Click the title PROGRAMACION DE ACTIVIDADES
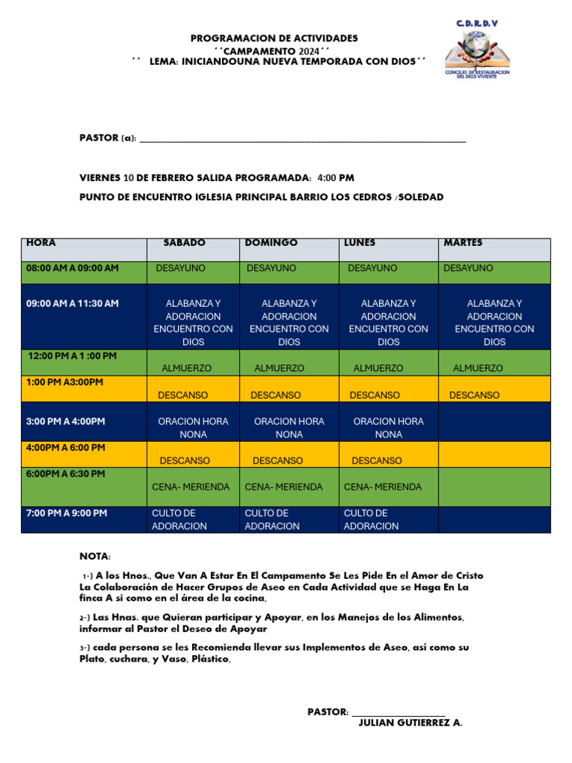click(x=274, y=38)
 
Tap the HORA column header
click(x=41, y=243)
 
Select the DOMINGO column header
click(x=271, y=243)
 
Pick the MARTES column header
click(x=463, y=243)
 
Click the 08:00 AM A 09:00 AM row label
click(x=72, y=268)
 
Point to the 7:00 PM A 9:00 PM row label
click(x=66, y=513)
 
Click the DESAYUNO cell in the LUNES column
click(x=372, y=268)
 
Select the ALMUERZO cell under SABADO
click(x=186, y=368)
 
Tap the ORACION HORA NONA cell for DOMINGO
click(x=289, y=428)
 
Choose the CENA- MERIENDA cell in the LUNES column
click(x=383, y=487)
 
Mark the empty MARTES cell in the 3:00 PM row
click(x=495, y=422)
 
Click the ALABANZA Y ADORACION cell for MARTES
click(x=495, y=323)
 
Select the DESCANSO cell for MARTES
click(x=474, y=395)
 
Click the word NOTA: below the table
click(x=95, y=557)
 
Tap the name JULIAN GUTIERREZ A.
click(x=410, y=723)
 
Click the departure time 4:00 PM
click(x=336, y=178)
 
